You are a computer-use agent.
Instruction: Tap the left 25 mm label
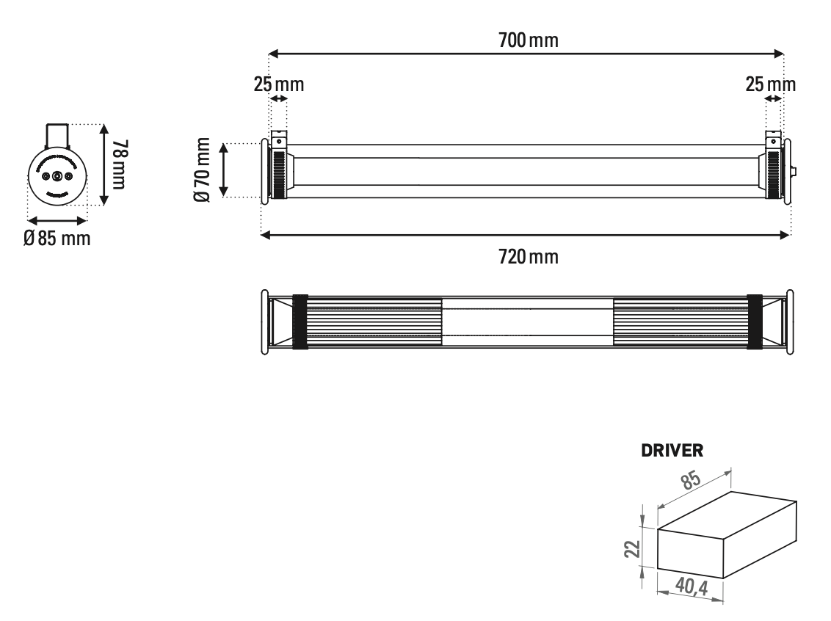pos(279,84)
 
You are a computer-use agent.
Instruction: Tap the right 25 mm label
pos(770,84)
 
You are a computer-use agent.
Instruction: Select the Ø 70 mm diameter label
pos(203,170)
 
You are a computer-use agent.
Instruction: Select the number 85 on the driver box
pos(689,482)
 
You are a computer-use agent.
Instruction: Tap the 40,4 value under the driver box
pos(692,586)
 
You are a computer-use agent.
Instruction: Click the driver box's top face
pos(727,514)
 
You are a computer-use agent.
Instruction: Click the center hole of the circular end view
pos(57,177)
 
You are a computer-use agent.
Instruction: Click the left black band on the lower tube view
pos(300,322)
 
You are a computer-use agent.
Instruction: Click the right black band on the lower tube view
pos(755,322)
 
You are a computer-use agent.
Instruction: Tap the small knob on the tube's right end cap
pos(796,171)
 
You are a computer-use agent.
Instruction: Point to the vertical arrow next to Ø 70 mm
pos(225,170)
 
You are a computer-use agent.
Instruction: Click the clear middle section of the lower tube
pos(526,322)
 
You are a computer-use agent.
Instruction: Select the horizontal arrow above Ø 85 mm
pos(57,219)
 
